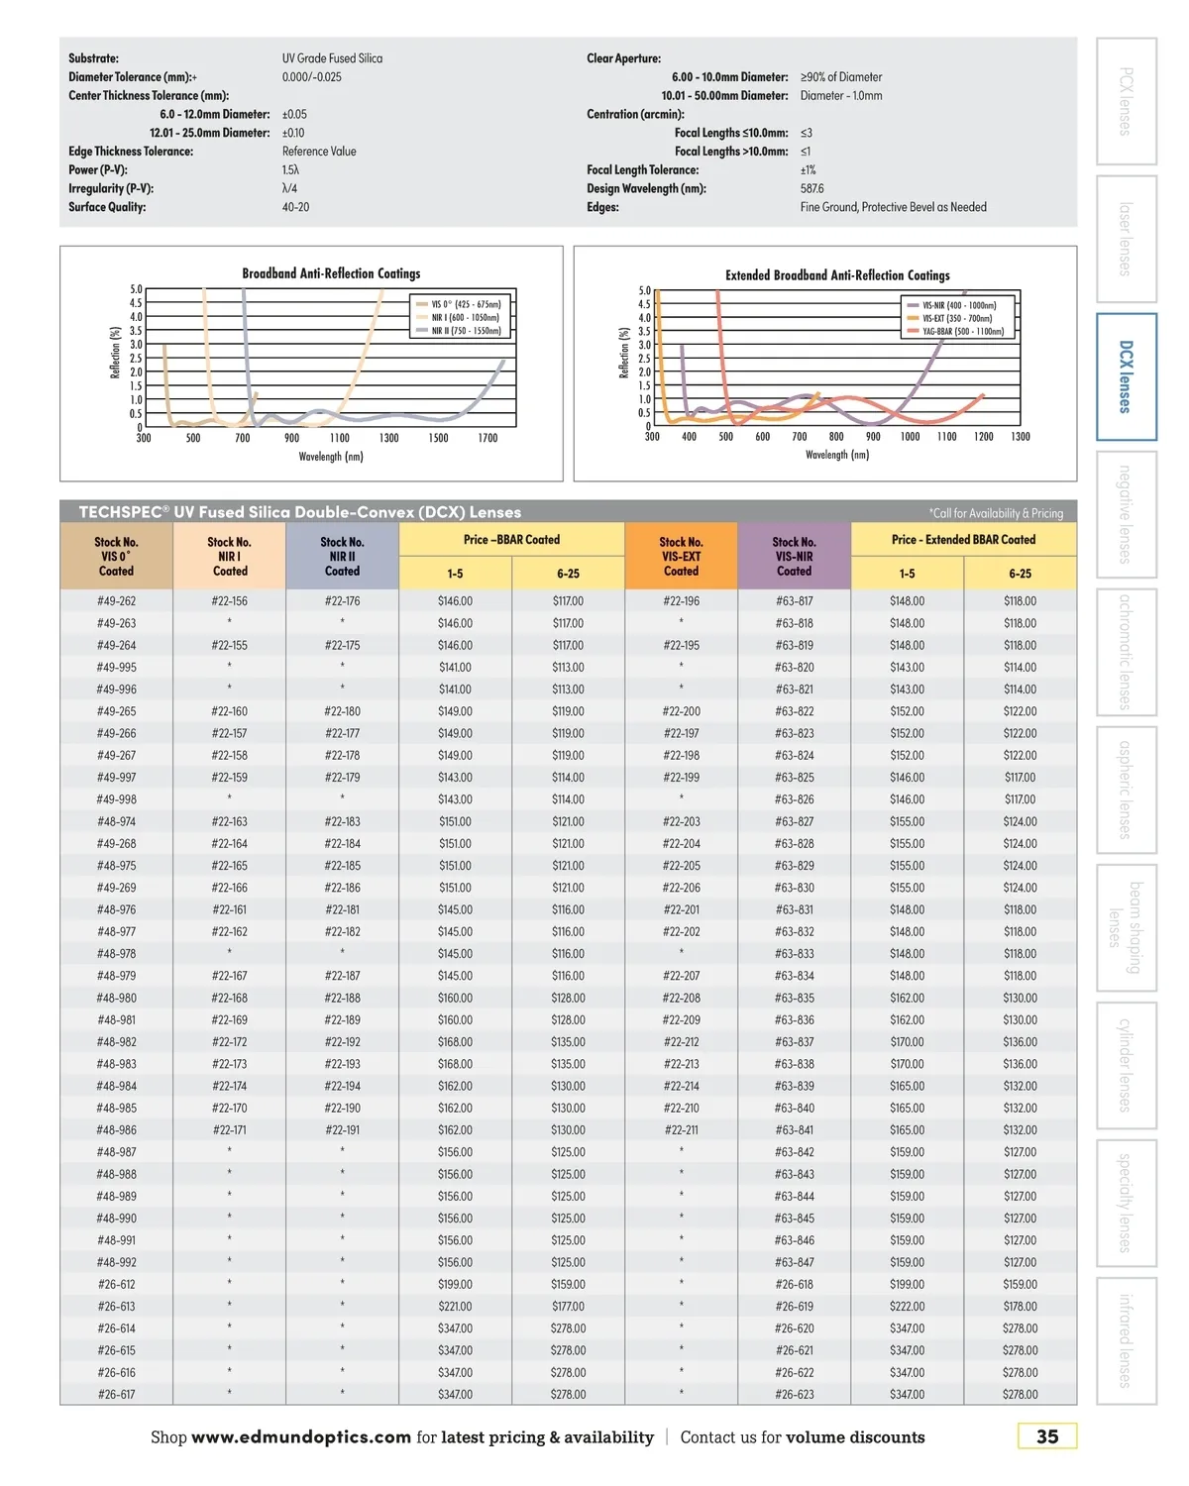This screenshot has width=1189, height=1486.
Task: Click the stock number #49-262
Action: pos(116,601)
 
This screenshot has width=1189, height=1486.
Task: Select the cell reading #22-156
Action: pos(229,601)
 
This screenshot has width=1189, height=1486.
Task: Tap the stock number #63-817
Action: pos(794,601)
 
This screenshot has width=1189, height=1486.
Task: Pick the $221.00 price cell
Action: pos(455,1307)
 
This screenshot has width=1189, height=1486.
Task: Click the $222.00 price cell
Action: pos(907,1307)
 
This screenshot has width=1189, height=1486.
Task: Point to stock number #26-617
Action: pos(116,1395)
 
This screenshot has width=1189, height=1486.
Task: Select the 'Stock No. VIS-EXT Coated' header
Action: pos(681,556)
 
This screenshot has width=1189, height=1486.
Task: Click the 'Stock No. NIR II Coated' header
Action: pos(342,556)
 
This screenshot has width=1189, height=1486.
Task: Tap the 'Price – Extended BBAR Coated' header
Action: pos(963,540)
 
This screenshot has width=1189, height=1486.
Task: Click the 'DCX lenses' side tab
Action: pos(1126,376)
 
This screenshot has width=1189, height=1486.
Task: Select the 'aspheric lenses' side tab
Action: pos(1126,790)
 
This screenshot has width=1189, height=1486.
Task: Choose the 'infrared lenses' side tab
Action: pos(1126,1340)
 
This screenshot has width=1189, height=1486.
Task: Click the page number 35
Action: pos(1046,1436)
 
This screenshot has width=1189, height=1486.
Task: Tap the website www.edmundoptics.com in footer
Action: pos(301,1437)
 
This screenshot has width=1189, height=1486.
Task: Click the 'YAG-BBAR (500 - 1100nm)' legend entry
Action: pos(962,332)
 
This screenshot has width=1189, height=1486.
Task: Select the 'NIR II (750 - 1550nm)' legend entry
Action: pos(465,331)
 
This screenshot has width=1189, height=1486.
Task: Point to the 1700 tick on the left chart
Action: pos(487,438)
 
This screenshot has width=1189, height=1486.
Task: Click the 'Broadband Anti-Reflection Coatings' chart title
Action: pos(331,273)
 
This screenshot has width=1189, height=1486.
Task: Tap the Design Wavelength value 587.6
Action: pos(811,188)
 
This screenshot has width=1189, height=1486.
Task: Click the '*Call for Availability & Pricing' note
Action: pos(996,513)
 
